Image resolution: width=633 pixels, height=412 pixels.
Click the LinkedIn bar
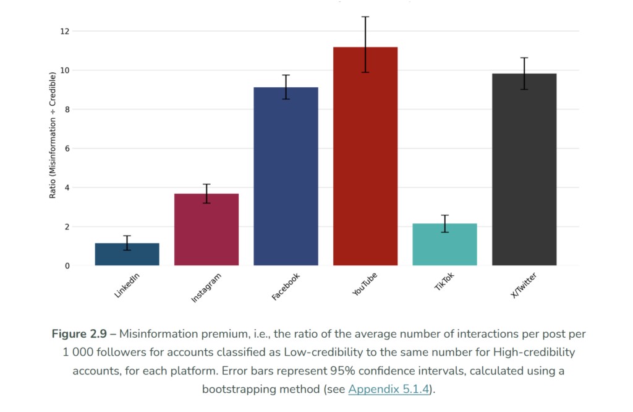127,255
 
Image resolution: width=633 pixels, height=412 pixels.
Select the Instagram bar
206,230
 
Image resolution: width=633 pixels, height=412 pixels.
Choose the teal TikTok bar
444,245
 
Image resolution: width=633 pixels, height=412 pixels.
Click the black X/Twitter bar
524,170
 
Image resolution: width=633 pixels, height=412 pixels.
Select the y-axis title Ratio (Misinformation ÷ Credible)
53,135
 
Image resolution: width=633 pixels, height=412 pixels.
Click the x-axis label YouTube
365,284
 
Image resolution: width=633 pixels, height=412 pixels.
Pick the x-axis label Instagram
206,288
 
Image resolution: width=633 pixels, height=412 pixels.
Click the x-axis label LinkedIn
127,286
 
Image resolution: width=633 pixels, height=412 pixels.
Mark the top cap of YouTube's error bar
365,17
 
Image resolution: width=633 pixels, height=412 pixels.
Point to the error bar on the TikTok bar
444,223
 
